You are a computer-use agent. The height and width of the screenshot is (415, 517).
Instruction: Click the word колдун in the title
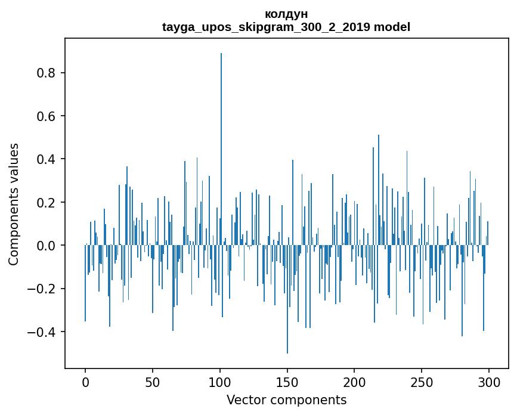coord(286,14)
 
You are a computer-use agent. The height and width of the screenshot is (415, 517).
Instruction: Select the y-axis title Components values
coord(14,204)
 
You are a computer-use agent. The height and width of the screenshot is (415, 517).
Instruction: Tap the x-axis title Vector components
coord(286,399)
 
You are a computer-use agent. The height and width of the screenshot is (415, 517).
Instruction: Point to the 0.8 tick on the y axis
coord(46,73)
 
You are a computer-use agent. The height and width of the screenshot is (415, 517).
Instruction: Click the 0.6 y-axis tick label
coord(46,116)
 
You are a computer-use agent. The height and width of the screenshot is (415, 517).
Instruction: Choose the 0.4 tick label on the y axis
coord(46,159)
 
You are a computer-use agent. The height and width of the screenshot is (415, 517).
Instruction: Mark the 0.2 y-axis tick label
coord(46,203)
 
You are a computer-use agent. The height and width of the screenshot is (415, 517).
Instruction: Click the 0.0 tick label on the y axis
coord(46,246)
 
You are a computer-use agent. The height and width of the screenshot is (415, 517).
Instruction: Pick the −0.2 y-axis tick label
coord(43,289)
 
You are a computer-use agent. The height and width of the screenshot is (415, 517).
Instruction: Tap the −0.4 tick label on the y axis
coord(43,332)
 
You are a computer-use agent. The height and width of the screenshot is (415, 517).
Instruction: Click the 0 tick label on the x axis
coord(85,381)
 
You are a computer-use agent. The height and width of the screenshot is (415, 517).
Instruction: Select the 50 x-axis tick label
coord(153,381)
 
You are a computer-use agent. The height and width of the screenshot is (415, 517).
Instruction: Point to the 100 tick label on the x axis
coord(220,381)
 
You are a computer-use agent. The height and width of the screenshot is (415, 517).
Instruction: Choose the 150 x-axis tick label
coord(287,381)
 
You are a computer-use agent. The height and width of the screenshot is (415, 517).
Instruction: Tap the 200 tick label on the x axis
coord(355,381)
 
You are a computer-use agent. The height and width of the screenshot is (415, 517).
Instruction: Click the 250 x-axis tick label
coord(422,381)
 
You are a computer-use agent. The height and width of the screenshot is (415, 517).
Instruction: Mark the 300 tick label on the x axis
coord(490,381)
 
